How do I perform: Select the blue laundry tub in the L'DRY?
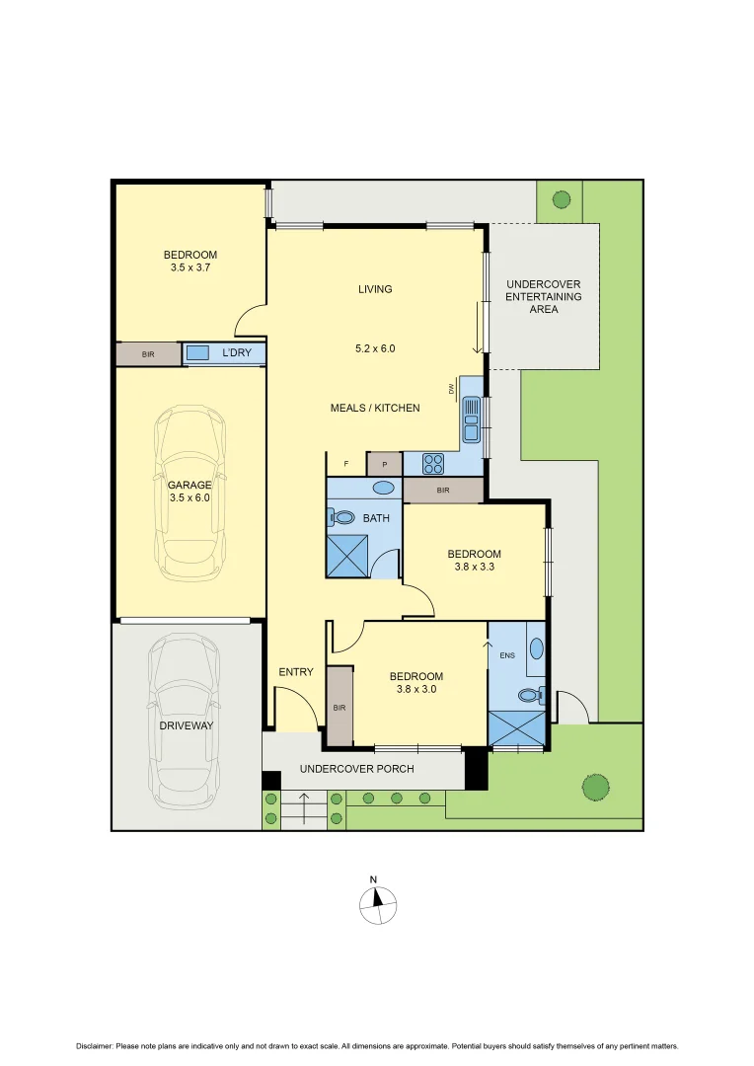point(198,352)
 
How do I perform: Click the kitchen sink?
point(472,419)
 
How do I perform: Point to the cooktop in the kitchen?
point(434,463)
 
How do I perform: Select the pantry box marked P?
point(384,463)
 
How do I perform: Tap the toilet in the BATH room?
point(343,516)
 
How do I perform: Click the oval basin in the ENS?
point(535,648)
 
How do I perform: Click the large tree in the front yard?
point(594,787)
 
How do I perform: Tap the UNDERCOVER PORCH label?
point(356,769)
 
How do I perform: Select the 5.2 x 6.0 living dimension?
point(375,348)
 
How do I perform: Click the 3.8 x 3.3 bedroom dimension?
point(474,568)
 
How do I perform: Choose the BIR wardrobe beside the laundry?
point(148,353)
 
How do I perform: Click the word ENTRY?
point(295,672)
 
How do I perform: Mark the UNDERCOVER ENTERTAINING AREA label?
point(543,296)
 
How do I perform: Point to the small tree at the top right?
point(561,200)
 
